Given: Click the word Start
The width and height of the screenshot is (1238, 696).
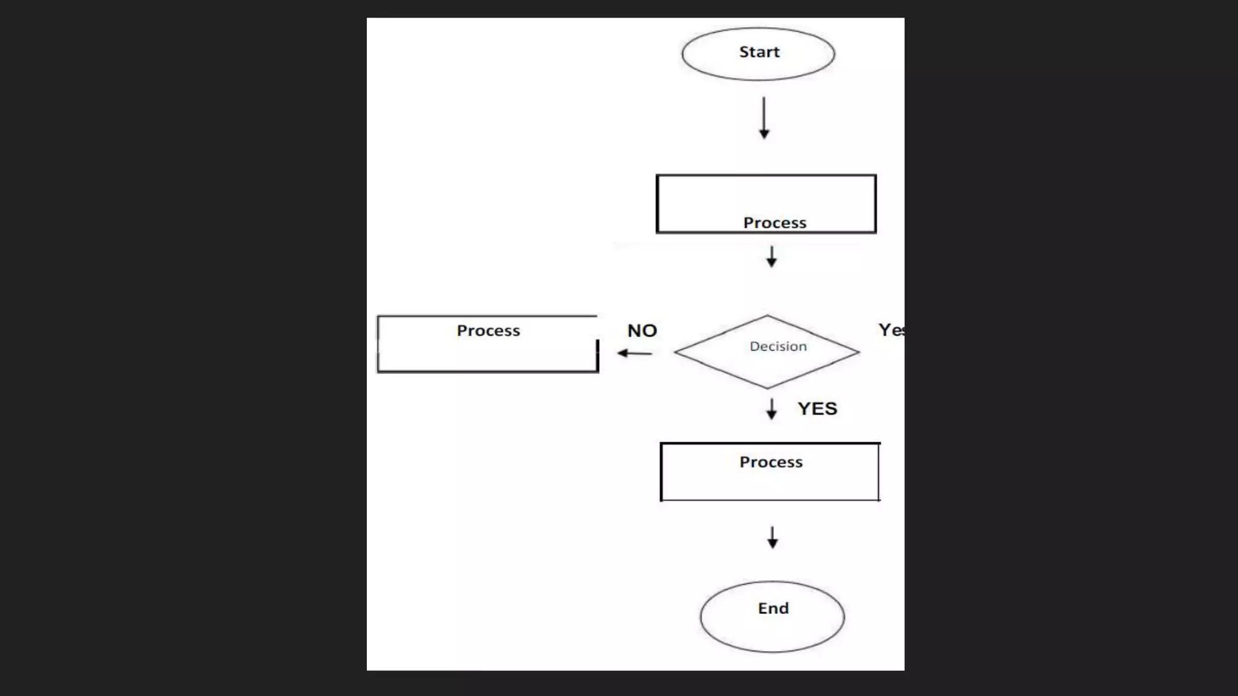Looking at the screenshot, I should (759, 52).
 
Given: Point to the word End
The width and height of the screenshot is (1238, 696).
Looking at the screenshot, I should (773, 608).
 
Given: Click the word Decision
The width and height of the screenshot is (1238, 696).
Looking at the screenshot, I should (778, 346).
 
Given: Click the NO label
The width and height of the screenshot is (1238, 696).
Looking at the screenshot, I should (642, 330).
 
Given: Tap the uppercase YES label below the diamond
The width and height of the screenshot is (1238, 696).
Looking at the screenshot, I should (817, 408).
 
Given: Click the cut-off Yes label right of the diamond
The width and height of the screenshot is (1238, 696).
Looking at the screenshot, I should (891, 330).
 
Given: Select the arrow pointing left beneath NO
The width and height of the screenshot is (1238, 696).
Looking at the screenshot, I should (634, 353).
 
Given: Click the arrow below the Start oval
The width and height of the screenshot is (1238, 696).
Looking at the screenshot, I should (764, 118).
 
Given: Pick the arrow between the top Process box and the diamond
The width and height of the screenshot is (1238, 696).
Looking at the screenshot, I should (771, 256).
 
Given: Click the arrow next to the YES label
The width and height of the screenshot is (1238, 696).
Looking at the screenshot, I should (771, 409).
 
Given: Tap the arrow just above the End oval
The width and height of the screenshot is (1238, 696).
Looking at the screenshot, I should (773, 537).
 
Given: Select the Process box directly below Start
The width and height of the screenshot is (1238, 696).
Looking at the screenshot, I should (766, 204).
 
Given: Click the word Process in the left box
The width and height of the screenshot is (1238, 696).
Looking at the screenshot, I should (488, 330).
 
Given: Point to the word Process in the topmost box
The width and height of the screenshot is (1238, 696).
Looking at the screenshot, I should (774, 223).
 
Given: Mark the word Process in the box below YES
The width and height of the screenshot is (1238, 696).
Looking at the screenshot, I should (771, 462).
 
